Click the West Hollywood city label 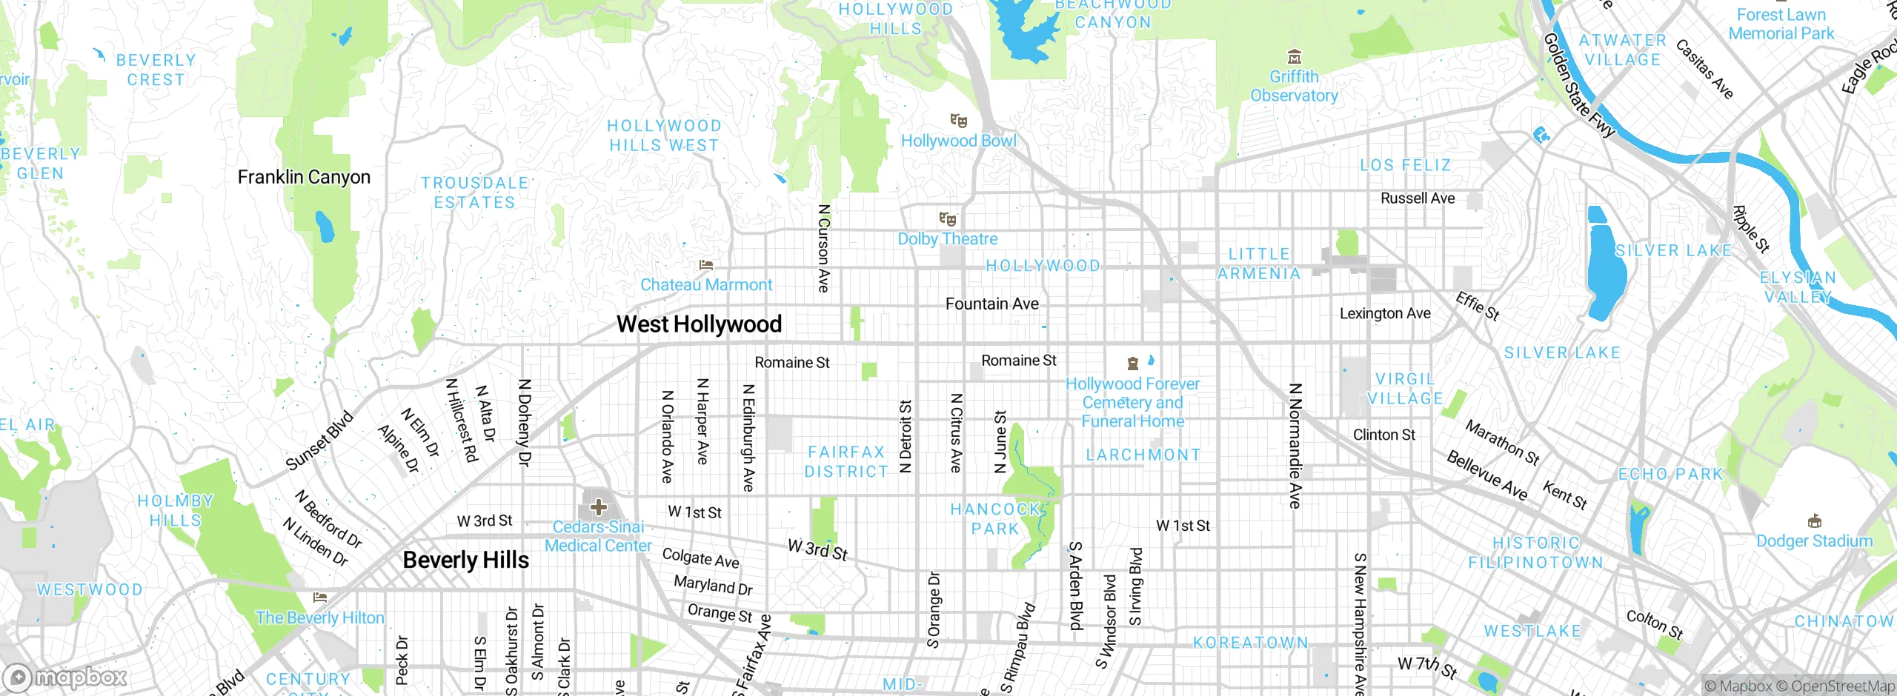coord(699,324)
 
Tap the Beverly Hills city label coord(465,560)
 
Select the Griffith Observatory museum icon coord(1294,57)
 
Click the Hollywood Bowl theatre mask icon coord(958,120)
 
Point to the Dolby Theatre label coord(947,239)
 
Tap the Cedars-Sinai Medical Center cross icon coord(599,507)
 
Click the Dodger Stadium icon coord(1814,521)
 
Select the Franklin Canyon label coord(304,177)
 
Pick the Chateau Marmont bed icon coord(705,265)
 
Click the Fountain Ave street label coord(991,304)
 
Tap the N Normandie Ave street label coord(1295,446)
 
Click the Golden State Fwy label coord(1578,85)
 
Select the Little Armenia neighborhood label coord(1259,264)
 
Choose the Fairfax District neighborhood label coord(845,461)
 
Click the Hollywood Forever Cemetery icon coord(1132,364)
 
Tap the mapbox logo coord(65,677)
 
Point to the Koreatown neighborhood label coord(1250,642)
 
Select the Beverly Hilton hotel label coord(319,618)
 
